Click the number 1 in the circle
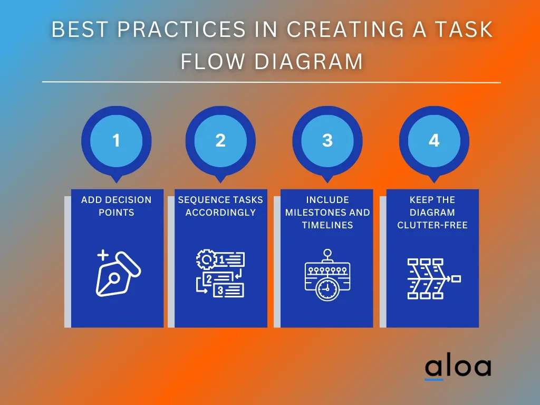point(116,140)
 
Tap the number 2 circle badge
point(220,140)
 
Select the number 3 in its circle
point(327,140)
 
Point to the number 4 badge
point(433,140)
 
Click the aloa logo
point(458,368)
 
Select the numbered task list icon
point(220,274)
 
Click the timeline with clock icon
point(327,275)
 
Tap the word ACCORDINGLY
point(220,213)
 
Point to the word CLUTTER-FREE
point(432,225)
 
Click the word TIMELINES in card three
point(327,225)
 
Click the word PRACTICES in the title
point(181,30)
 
